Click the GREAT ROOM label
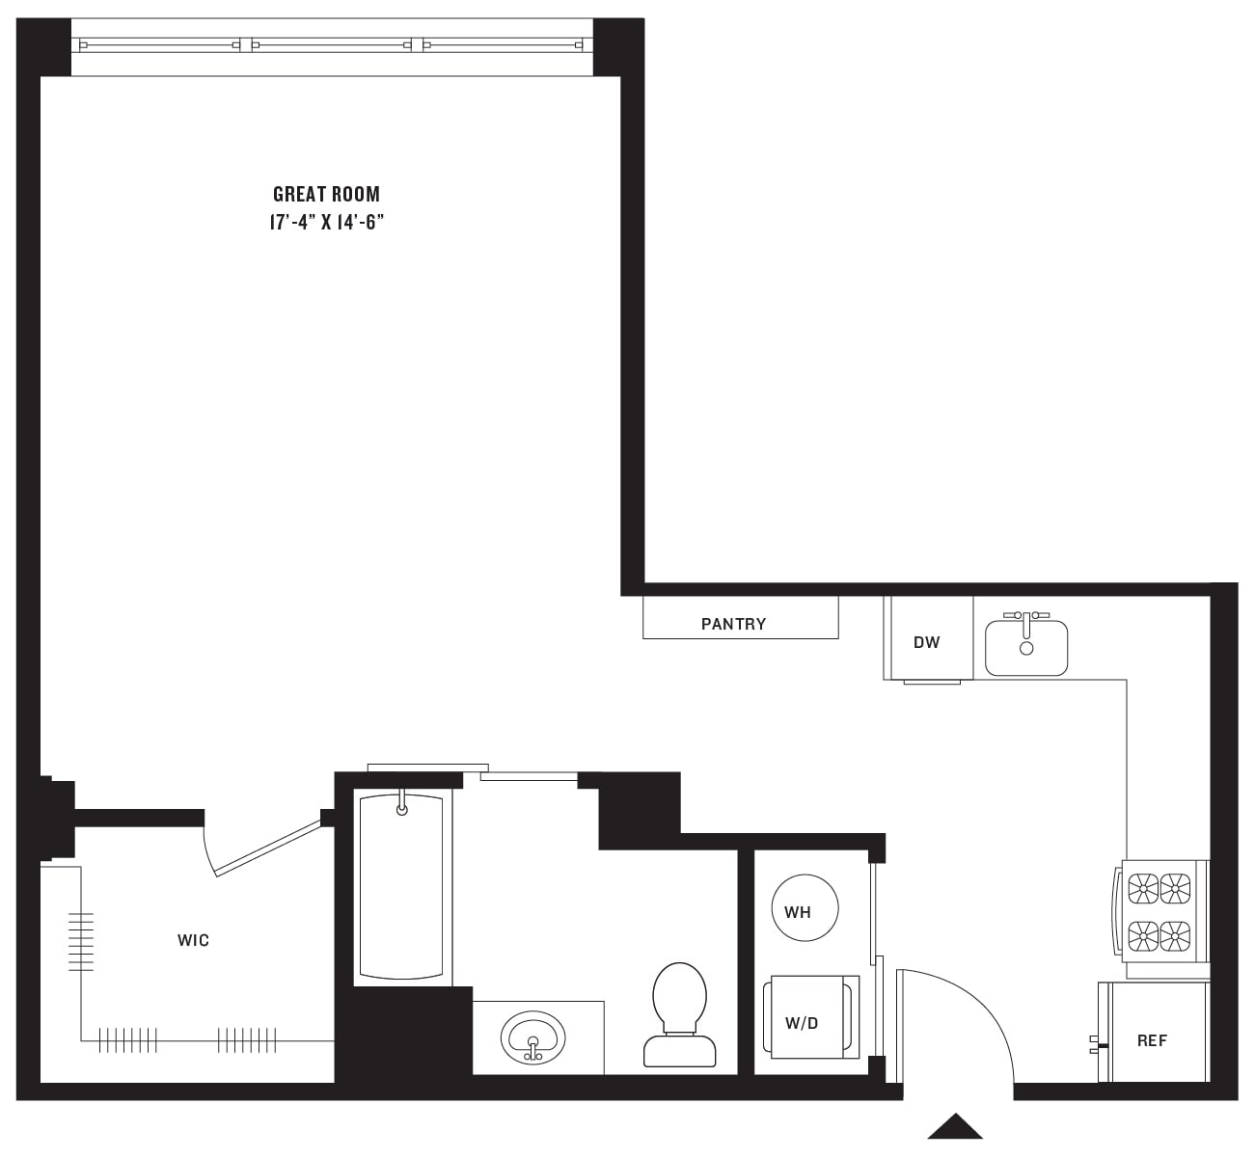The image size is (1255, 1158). click(x=326, y=194)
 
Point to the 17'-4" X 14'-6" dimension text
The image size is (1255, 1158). click(x=326, y=223)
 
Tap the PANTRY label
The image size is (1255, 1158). click(x=733, y=624)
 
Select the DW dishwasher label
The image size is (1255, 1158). click(x=926, y=642)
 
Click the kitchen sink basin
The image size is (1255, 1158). click(x=1026, y=649)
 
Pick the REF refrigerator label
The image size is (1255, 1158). click(x=1152, y=1040)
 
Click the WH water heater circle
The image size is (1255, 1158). click(x=804, y=908)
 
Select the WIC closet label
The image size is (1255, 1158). click(x=193, y=940)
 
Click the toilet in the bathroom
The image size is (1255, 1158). click(x=680, y=1012)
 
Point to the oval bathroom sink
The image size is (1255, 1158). click(x=532, y=1037)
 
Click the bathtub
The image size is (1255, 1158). click(x=401, y=887)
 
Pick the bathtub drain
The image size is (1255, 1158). click(x=402, y=809)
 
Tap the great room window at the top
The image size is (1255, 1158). click(x=333, y=44)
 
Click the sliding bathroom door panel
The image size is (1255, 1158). click(x=529, y=776)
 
